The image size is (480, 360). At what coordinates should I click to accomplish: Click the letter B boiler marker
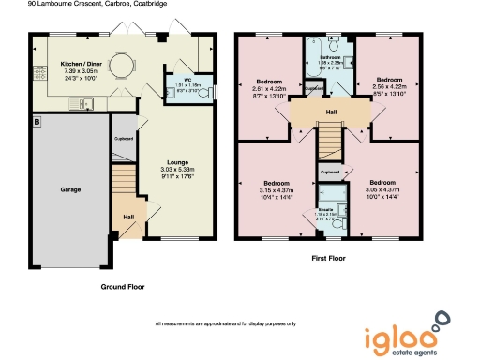(x=37, y=123)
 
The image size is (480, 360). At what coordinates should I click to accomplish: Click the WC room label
(x=188, y=80)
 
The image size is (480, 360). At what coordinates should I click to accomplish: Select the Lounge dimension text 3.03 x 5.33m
(x=177, y=169)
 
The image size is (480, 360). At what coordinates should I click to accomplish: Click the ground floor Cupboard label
(x=123, y=139)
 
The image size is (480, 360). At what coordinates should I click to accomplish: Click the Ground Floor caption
(x=124, y=287)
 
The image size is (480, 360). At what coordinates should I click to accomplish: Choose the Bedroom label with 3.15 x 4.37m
(x=275, y=183)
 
